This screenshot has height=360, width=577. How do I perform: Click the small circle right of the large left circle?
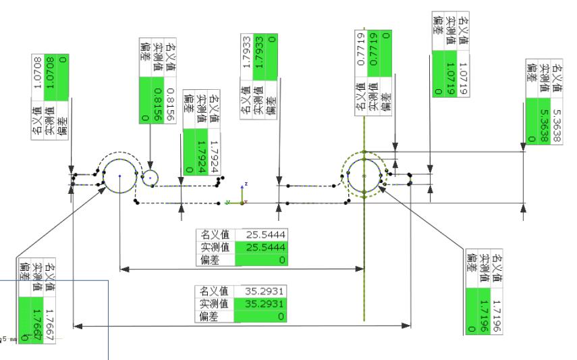tap(150, 177)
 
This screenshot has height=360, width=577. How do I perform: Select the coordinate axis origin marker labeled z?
tap(242, 201)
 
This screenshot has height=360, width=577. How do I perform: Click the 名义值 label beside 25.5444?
tap(215, 234)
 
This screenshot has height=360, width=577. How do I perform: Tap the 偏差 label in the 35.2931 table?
tap(215, 315)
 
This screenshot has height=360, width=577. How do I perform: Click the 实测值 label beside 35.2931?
tap(215, 303)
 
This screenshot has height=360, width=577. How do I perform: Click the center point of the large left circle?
tap(119, 176)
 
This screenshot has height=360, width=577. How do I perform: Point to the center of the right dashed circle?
tap(364, 176)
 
